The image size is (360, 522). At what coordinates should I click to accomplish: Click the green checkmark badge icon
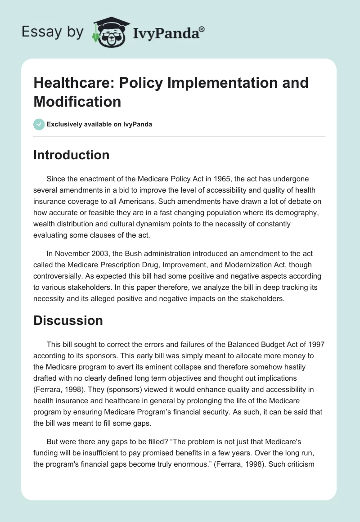click(39, 124)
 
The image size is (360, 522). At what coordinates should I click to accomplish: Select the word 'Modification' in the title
click(77, 101)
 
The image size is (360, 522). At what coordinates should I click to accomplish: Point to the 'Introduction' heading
click(72, 155)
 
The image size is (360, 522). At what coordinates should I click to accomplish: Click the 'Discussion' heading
click(68, 320)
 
